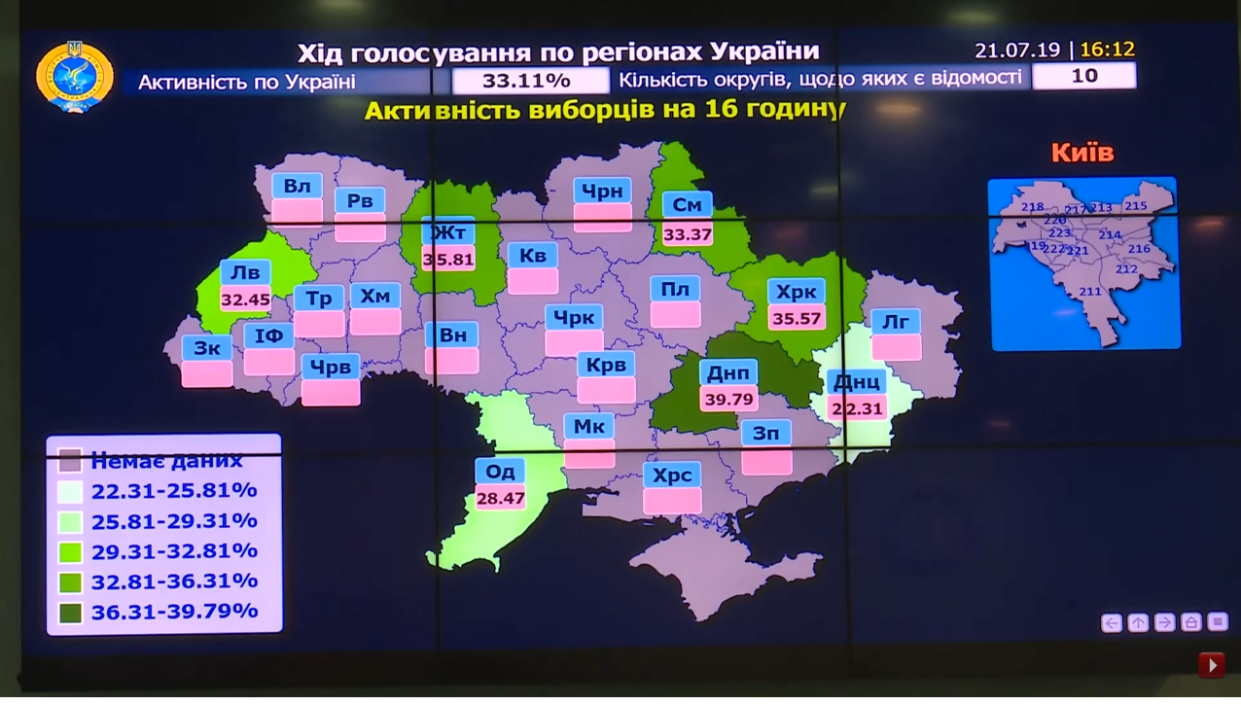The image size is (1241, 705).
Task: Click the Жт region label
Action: pyautogui.click(x=448, y=232)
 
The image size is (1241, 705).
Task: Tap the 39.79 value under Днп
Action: pyautogui.click(x=728, y=399)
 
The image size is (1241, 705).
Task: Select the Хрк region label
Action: pyautogui.click(x=797, y=292)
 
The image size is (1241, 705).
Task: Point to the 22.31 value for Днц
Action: pyautogui.click(x=857, y=409)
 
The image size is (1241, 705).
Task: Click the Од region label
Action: pyautogui.click(x=500, y=472)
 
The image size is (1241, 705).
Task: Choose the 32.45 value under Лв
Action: pyautogui.click(x=245, y=300)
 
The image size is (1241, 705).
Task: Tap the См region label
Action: pyautogui.click(x=687, y=205)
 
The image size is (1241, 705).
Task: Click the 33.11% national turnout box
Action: pyautogui.click(x=526, y=80)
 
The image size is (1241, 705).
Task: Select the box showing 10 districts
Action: pyautogui.click(x=1083, y=76)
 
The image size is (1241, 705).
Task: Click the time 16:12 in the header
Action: pyautogui.click(x=1107, y=50)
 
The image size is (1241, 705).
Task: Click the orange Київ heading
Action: pyautogui.click(x=1081, y=153)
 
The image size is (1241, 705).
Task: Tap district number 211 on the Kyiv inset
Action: pyautogui.click(x=1090, y=292)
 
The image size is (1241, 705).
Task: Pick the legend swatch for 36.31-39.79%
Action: pyautogui.click(x=70, y=613)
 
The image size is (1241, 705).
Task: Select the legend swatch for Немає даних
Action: pyautogui.click(x=70, y=460)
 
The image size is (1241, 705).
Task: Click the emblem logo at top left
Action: pyautogui.click(x=75, y=76)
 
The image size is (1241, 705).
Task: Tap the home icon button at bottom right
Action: pyautogui.click(x=1190, y=622)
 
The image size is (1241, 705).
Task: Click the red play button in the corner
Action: pyautogui.click(x=1211, y=665)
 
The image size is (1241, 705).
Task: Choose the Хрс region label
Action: pyautogui.click(x=672, y=475)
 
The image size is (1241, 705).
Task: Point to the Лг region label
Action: pyautogui.click(x=896, y=322)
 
